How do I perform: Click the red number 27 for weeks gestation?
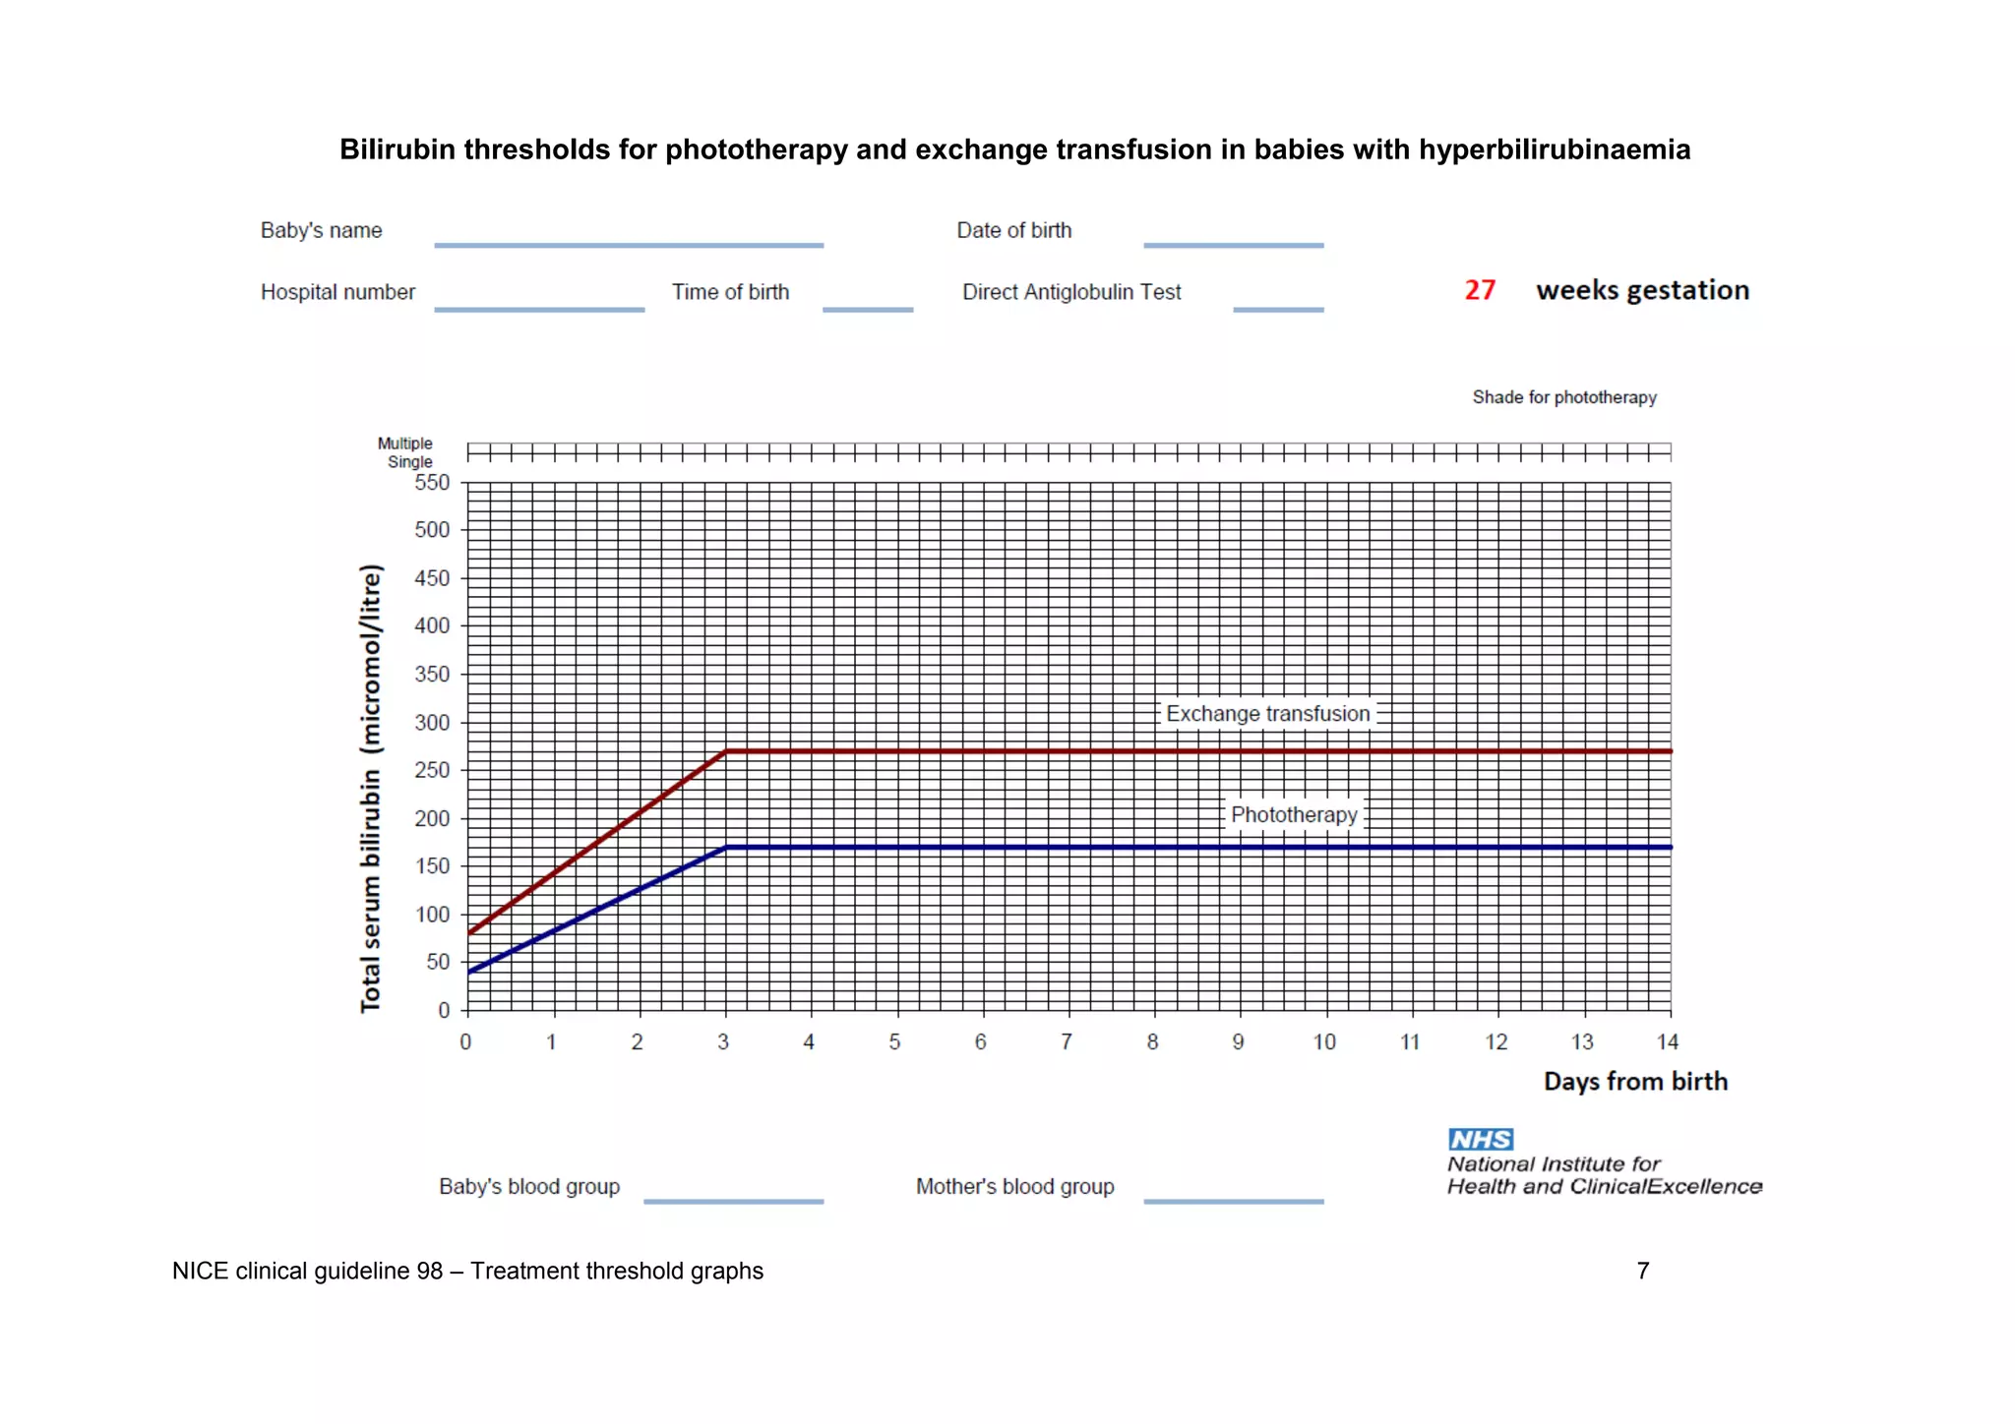tap(1479, 290)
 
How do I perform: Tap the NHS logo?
tap(1481, 1139)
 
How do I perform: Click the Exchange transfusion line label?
tap(1267, 714)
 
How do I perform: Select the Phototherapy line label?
tap(1294, 815)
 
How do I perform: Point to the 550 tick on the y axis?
tap(432, 483)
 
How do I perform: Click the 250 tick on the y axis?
tap(432, 770)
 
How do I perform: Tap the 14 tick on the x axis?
tap(1667, 1042)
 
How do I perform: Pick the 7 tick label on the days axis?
tap(1067, 1042)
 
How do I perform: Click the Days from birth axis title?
tap(1635, 1082)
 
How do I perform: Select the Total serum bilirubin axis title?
tap(370, 788)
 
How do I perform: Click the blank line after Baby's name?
tap(629, 245)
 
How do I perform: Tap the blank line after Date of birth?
tap(1233, 245)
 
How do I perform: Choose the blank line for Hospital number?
tap(539, 310)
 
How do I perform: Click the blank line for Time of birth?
tap(868, 310)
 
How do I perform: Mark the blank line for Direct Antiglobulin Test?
tap(1278, 310)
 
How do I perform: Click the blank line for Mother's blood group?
tap(1233, 1201)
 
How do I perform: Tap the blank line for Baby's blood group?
tap(733, 1201)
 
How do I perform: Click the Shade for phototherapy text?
tap(1564, 397)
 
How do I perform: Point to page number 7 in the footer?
tap(1642, 1271)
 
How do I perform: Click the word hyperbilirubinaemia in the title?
tap(1555, 149)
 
